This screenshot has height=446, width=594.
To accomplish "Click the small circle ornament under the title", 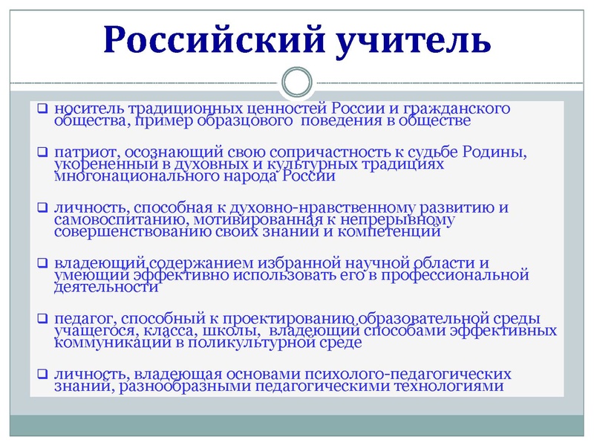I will (298, 81).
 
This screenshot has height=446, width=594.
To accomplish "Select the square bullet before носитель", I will (43, 109).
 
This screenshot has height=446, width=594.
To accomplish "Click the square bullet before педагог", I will (43, 319).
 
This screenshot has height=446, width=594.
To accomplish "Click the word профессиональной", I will (463, 275).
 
